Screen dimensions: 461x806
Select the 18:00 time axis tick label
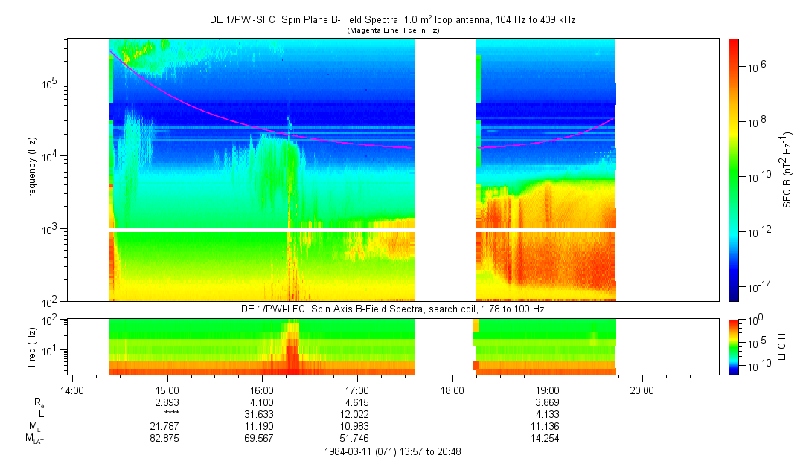(452, 390)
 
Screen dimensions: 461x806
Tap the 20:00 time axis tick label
(642, 390)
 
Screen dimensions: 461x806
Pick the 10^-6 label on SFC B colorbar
(758, 67)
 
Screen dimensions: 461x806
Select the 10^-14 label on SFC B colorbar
(759, 286)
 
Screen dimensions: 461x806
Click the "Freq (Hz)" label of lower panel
(32, 346)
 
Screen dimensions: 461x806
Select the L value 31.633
(262, 413)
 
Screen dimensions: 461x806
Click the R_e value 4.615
(357, 402)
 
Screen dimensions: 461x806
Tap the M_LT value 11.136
(547, 426)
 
